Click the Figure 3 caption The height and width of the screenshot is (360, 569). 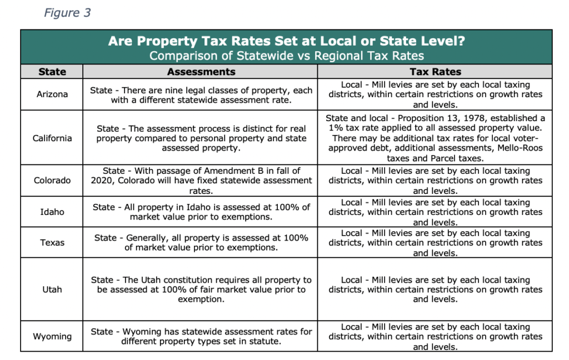67,13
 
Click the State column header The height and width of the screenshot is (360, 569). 52,72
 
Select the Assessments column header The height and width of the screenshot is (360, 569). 201,72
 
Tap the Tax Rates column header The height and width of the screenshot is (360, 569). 435,72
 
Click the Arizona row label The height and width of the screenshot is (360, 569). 52,94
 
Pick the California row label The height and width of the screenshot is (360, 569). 52,138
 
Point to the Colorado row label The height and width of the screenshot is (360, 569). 52,181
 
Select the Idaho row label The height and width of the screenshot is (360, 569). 52,212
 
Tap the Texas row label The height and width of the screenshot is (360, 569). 52,242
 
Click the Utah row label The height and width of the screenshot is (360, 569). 52,289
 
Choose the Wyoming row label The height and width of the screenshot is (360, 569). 52,337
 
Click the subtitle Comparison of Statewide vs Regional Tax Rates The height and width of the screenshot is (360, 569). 287,56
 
